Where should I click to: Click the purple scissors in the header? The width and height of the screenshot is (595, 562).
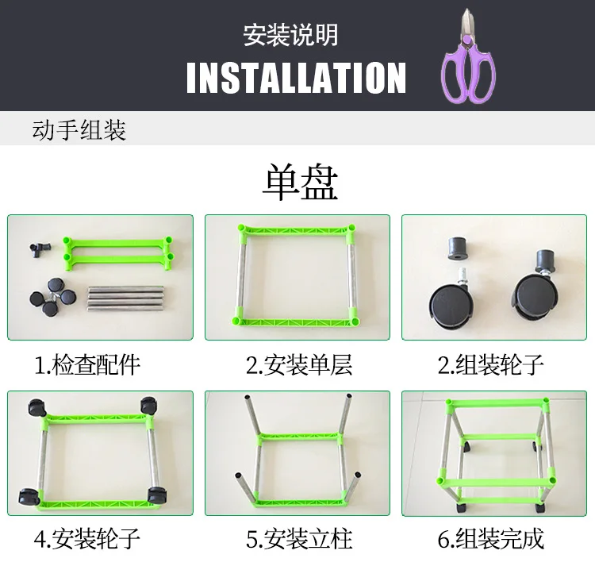[468, 60]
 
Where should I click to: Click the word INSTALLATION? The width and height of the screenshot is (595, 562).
[296, 78]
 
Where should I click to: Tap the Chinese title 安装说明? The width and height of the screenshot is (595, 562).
[290, 35]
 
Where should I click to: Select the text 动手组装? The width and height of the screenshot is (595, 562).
[79, 129]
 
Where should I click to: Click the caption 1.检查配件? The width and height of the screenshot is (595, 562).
[87, 365]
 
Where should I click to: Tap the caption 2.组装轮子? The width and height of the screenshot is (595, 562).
[491, 365]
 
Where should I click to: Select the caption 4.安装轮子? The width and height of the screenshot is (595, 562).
[87, 540]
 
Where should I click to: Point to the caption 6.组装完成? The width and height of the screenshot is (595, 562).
[491, 540]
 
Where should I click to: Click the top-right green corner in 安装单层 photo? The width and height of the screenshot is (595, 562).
[351, 230]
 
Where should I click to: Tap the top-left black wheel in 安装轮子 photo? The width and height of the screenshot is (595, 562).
[36, 406]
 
